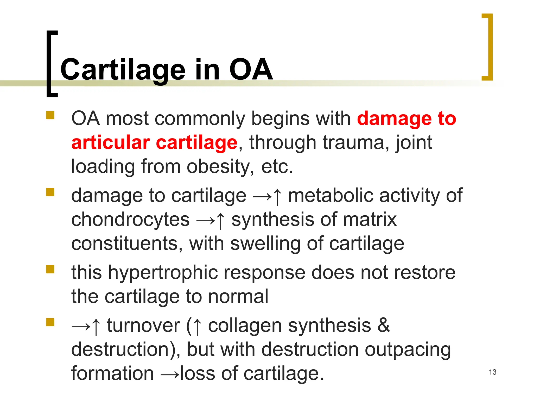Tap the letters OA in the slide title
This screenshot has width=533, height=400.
click(x=251, y=69)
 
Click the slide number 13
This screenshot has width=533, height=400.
click(x=492, y=372)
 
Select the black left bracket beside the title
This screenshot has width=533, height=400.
click(x=51, y=64)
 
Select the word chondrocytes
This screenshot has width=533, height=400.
click(x=130, y=220)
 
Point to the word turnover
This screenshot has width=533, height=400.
click(x=143, y=326)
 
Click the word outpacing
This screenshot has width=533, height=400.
click(x=408, y=350)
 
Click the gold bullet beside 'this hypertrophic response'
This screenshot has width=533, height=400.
click(x=50, y=269)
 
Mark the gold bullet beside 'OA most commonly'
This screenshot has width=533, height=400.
click(x=50, y=115)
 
